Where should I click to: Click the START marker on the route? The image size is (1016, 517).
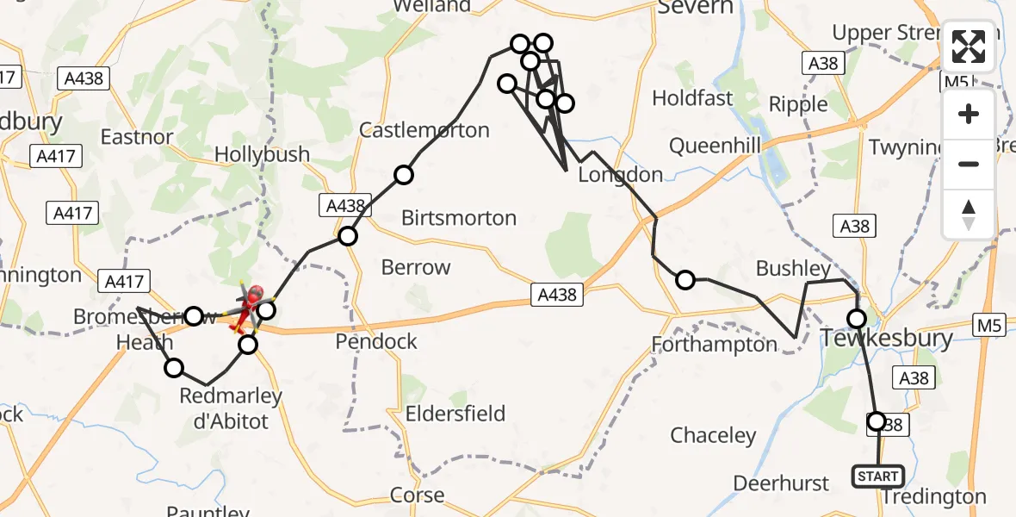877,476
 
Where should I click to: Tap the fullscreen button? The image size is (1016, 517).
969,47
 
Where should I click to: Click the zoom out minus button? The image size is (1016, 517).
969,164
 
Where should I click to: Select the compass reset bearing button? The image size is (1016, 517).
969,214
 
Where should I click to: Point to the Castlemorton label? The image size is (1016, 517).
424,130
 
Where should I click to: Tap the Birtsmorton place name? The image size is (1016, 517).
459,218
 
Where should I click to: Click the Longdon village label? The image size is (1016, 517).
620,175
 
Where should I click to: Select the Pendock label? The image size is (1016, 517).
375,342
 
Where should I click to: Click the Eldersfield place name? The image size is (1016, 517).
455,413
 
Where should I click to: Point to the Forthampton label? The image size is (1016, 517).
714,345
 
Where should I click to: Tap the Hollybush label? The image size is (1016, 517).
262,154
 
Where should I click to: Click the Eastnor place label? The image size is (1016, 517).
137,136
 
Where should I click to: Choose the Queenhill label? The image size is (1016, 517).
715,146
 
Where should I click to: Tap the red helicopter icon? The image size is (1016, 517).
253,299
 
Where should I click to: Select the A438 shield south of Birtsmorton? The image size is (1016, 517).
556,295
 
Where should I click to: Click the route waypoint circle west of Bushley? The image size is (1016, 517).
685,279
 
